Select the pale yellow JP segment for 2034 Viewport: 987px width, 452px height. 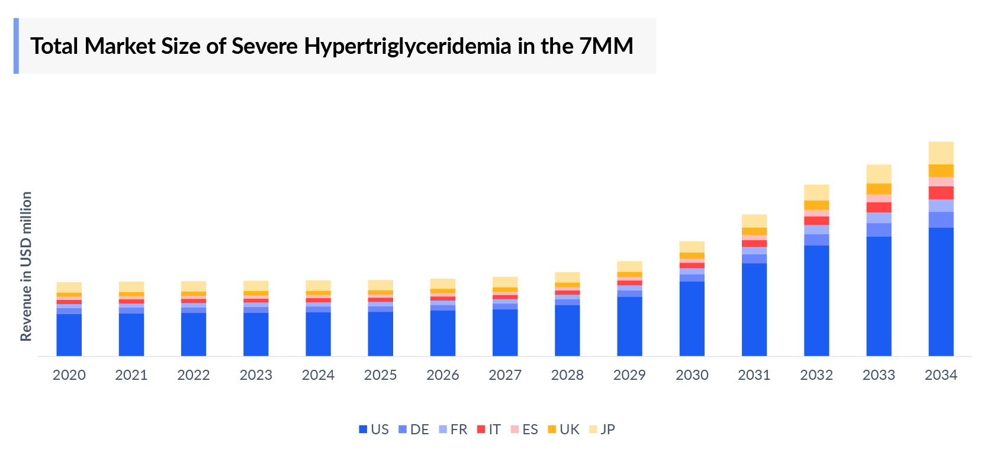(941, 153)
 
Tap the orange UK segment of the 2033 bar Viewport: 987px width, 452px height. (879, 189)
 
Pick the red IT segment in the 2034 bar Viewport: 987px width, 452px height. (941, 193)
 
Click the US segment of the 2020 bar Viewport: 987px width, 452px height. (69, 335)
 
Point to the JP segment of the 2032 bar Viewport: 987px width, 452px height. (816, 192)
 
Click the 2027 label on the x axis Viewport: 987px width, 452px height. (505, 375)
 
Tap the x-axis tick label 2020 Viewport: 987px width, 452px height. (69, 375)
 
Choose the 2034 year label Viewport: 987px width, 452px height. (941, 375)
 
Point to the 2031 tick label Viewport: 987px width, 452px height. (754, 375)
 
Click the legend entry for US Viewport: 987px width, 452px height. (374, 430)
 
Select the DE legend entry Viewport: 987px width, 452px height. (414, 430)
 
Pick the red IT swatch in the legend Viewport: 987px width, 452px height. (481, 430)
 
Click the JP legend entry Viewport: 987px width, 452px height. (602, 430)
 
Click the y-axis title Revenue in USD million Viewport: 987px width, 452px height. (26, 266)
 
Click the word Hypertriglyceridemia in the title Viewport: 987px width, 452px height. (407, 46)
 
